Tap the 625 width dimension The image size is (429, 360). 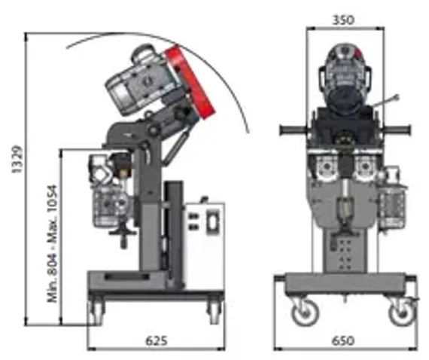(x=156, y=340)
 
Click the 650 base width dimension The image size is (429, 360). (x=343, y=340)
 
